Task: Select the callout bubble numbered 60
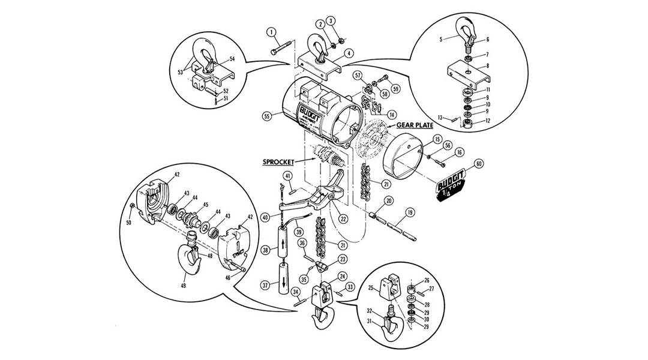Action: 478,163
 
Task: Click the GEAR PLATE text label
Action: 415,125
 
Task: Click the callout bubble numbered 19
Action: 410,212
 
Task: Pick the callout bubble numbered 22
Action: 343,219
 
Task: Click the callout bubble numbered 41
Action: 288,176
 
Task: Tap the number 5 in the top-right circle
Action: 440,40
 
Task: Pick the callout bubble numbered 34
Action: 296,292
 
